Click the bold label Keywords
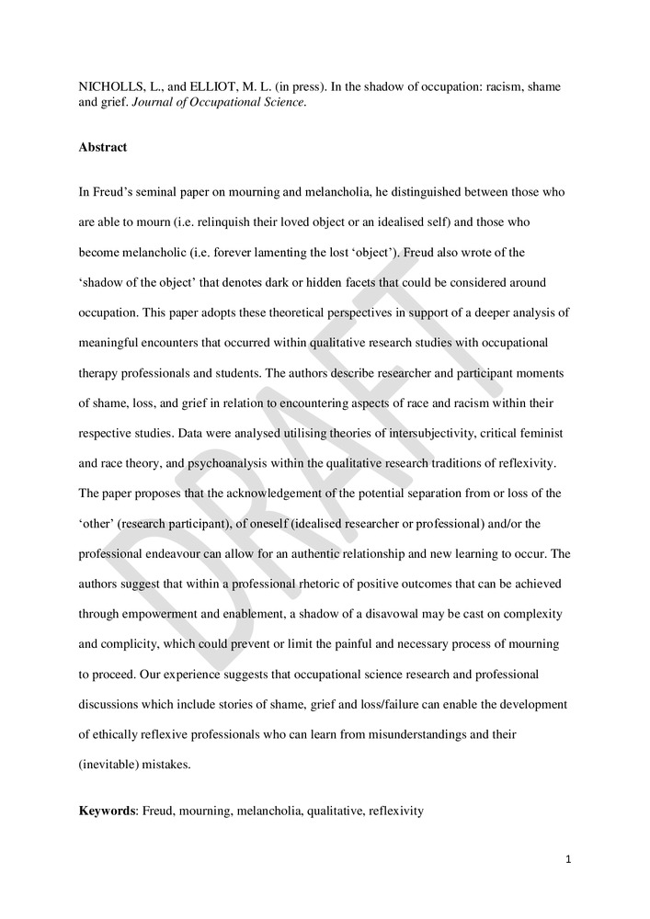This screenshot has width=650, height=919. point(108,812)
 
